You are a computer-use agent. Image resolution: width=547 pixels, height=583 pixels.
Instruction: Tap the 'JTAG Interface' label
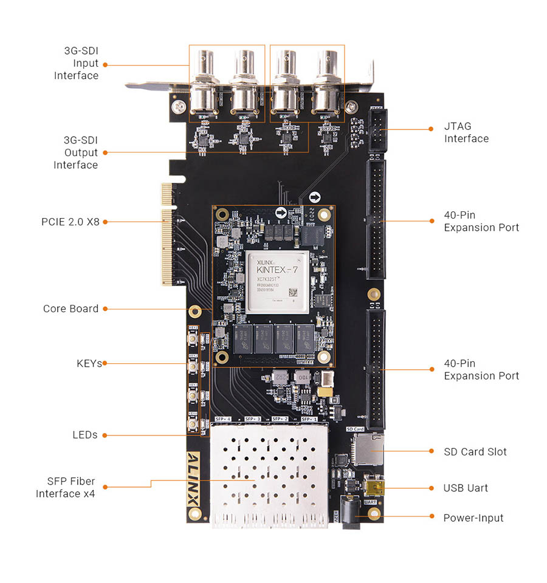466,133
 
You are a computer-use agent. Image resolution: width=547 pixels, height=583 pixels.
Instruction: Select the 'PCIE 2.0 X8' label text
71,222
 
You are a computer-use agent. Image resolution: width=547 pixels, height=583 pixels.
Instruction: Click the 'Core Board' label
71,309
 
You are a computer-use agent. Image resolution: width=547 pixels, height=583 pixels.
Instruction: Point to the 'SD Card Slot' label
475,452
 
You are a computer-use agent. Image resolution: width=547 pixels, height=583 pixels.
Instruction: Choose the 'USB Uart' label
466,488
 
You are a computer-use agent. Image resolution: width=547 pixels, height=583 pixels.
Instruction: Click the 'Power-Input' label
473,518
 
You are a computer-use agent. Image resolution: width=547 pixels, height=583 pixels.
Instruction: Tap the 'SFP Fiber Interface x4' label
66,488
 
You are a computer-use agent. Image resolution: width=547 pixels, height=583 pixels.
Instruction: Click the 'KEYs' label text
89,363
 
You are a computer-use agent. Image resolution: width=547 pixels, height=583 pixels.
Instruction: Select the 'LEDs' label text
85,435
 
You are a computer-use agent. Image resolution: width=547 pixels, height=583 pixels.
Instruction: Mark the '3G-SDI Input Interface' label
77,63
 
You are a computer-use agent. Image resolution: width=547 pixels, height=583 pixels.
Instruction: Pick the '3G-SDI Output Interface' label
76,152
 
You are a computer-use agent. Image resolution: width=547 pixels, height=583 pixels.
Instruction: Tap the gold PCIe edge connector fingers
167,234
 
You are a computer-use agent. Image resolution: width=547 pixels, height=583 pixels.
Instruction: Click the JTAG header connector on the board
377,130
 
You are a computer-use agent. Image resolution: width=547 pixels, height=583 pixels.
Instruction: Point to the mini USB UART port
370,488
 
